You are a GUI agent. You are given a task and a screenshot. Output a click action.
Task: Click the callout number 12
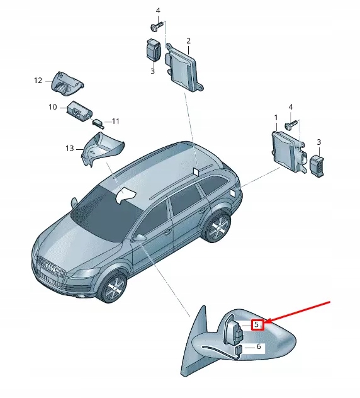click(38, 81)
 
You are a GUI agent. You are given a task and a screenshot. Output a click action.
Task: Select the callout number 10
click(53, 107)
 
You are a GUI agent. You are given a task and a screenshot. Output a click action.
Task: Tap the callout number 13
click(70, 149)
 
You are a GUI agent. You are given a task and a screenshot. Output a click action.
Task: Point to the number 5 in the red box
click(257, 325)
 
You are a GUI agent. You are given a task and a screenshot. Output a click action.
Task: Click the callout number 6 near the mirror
click(258, 347)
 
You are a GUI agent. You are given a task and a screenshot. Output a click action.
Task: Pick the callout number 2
click(188, 42)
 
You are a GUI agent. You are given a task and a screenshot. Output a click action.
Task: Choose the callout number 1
click(275, 118)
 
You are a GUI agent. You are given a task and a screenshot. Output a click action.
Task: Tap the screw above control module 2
click(155, 26)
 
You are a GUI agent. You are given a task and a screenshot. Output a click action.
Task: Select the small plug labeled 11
click(99, 122)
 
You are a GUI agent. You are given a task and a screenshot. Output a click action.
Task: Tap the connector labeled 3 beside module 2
click(152, 50)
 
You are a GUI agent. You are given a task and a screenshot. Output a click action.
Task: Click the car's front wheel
click(113, 289)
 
